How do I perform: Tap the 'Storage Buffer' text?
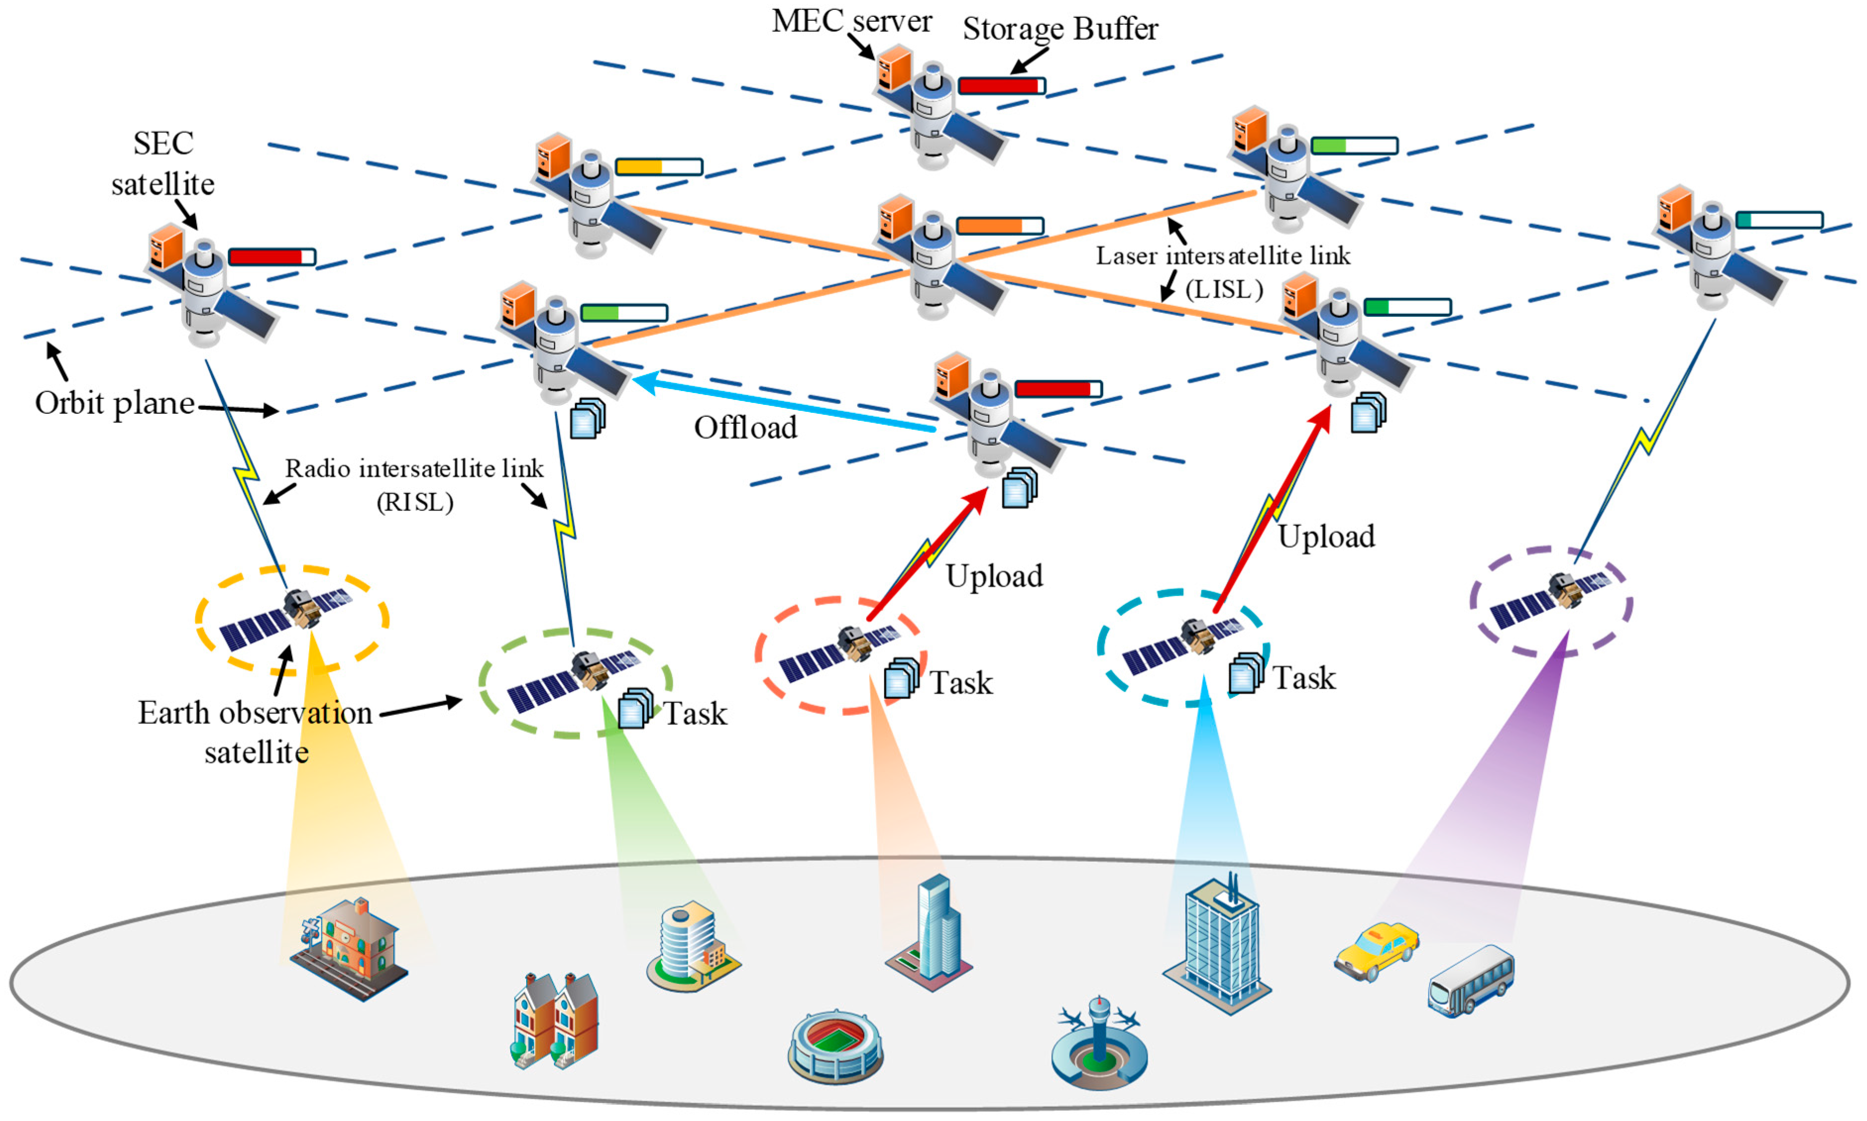[1060, 29]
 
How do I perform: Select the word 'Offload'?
[745, 428]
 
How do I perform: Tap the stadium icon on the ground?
[835, 1046]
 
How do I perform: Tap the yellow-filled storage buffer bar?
[659, 167]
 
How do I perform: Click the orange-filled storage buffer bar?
[999, 225]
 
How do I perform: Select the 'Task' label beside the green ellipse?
[695, 713]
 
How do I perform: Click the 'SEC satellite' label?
[163, 163]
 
